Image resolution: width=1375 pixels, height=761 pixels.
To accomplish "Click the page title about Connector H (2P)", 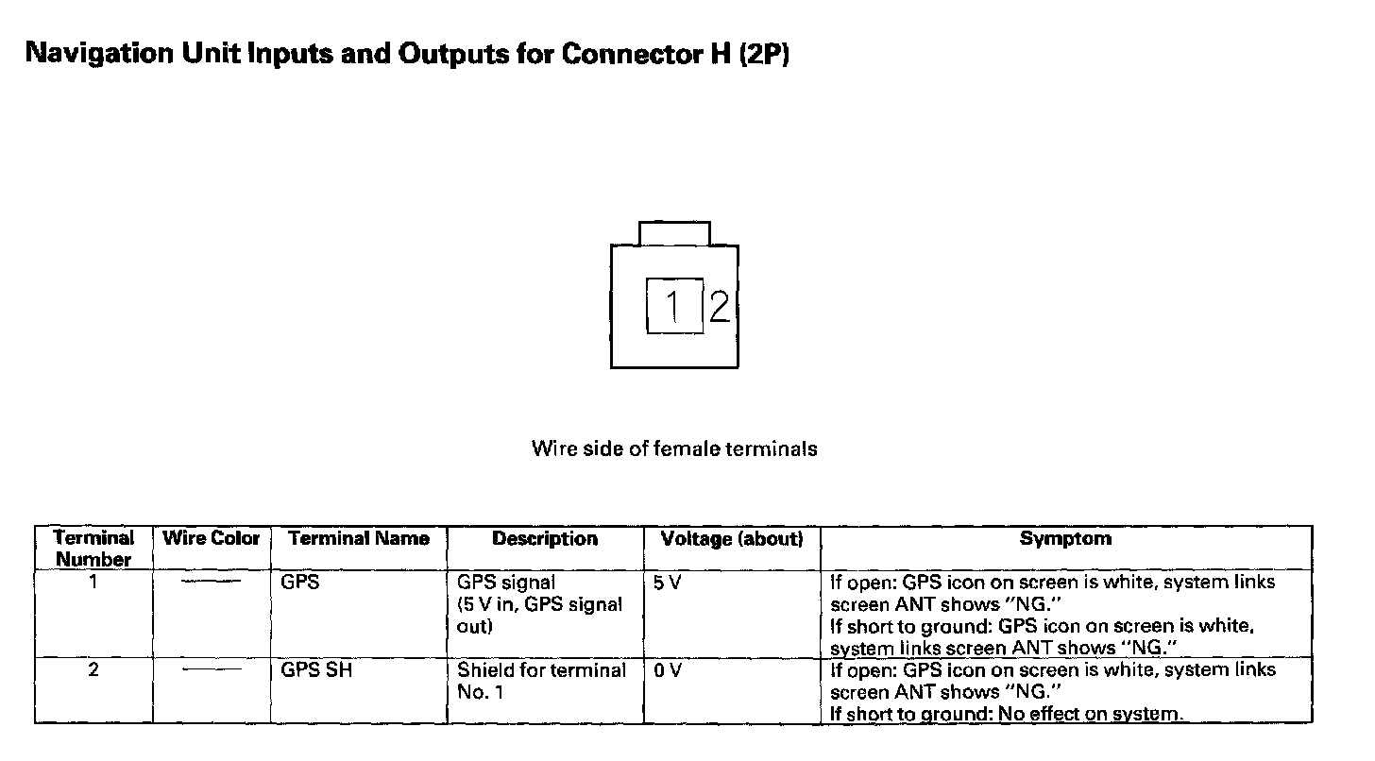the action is point(407,54).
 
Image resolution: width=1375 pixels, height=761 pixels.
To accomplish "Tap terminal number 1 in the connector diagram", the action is point(673,306).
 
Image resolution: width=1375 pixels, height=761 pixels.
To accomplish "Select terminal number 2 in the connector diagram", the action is point(720,306).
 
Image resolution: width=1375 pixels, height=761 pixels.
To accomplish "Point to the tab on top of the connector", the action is point(674,233).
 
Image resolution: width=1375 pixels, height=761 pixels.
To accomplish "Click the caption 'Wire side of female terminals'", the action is point(674,448).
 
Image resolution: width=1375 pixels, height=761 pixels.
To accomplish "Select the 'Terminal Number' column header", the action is point(93,549).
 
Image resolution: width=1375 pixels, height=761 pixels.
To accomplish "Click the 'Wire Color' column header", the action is point(212,539).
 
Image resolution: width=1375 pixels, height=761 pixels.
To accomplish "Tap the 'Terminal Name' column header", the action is point(359,539).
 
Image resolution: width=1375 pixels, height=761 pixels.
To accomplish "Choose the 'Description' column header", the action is point(545,539).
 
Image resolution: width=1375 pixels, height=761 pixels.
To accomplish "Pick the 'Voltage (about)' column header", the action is point(732,539).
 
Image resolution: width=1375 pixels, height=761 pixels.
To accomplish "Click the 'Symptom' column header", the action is point(1065,539).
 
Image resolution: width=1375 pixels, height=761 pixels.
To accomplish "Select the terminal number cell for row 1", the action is point(93,583).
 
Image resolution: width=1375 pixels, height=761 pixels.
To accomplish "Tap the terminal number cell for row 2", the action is point(93,670).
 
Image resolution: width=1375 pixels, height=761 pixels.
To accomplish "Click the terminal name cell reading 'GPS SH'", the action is point(317,670).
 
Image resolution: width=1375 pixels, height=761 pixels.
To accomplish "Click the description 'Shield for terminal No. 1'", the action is point(541,681).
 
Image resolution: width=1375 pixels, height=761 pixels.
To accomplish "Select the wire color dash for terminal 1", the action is point(211,582).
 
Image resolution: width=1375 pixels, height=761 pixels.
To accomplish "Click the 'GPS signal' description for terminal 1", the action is point(506,583).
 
